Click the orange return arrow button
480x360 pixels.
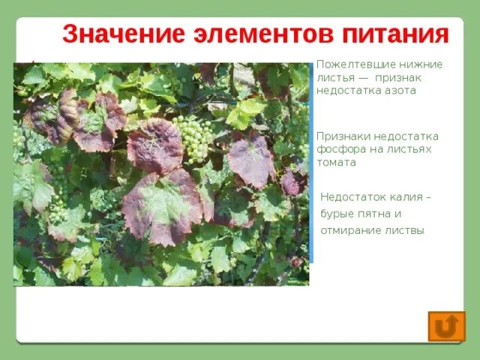coord(446,326)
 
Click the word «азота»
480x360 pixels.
coord(400,90)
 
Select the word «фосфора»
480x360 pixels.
coord(340,149)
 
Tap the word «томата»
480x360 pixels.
coord(336,162)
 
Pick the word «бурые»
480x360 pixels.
coord(338,214)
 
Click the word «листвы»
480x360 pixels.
coord(405,230)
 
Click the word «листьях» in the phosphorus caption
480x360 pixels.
coord(404,149)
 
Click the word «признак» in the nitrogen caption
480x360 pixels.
coord(398,77)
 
